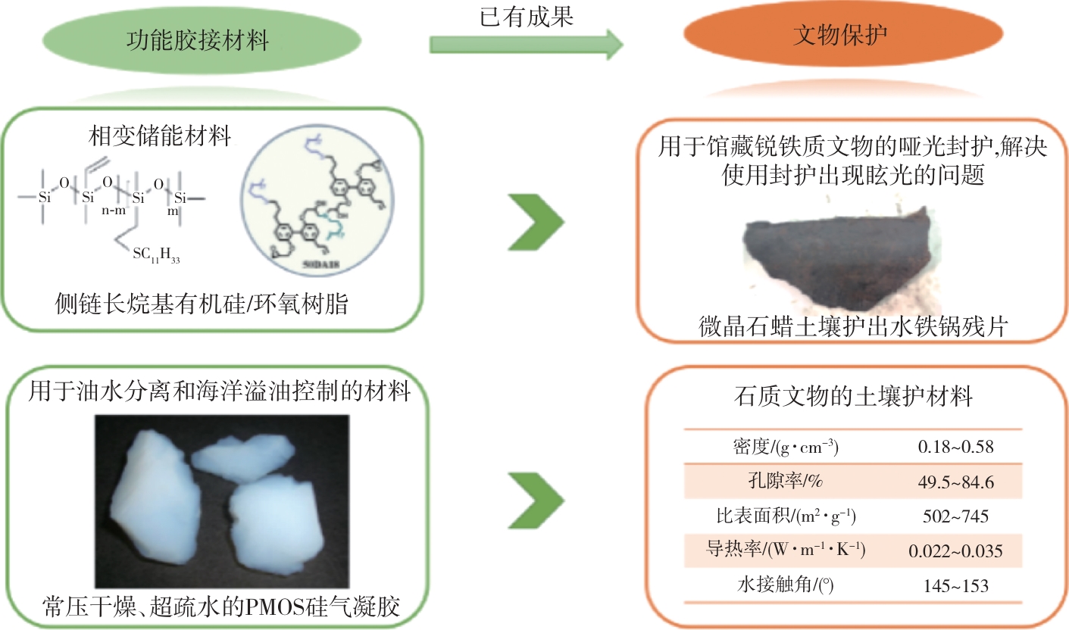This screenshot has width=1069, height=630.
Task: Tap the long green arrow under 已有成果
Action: coord(526,45)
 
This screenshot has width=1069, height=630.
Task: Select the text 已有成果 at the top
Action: coord(527,16)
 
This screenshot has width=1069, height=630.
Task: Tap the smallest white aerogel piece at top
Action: coord(242,457)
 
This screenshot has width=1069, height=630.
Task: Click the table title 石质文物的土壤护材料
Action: coord(854,396)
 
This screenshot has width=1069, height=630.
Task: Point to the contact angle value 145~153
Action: coord(955,585)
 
